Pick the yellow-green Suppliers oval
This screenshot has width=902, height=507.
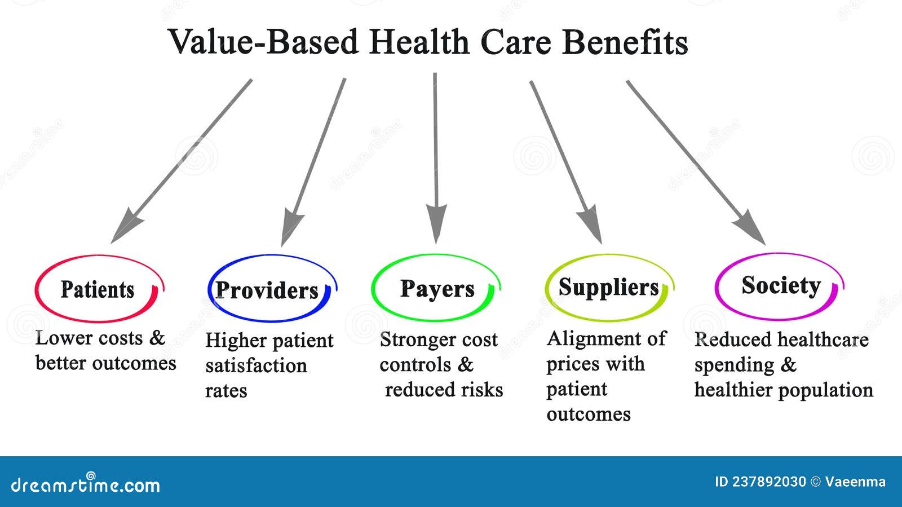coord(608,288)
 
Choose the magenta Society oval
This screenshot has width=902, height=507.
coord(780,285)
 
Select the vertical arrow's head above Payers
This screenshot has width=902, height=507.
coord(436,223)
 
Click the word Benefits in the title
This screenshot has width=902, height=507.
coord(625,42)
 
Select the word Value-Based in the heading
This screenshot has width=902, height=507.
coord(263,42)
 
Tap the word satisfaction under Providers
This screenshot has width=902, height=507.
coord(256,366)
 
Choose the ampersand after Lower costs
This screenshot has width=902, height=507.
coord(157,338)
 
